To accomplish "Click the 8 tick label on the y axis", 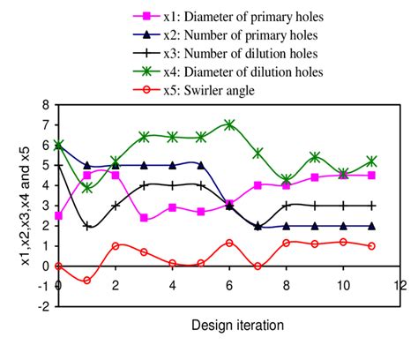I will click(x=43, y=104).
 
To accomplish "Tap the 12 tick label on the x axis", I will click(x=399, y=285).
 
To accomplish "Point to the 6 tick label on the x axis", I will click(x=229, y=285).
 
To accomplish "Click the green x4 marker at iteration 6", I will click(x=229, y=125).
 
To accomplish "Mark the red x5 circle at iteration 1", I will click(x=86, y=281).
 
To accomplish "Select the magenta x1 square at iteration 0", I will click(x=58, y=215).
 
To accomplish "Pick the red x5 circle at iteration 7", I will click(x=258, y=266).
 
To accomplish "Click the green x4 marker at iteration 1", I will click(x=86, y=187).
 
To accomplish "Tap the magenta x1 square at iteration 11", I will click(x=371, y=175).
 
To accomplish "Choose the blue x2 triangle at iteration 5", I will click(x=201, y=165).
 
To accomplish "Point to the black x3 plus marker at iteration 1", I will click(x=86, y=226).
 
